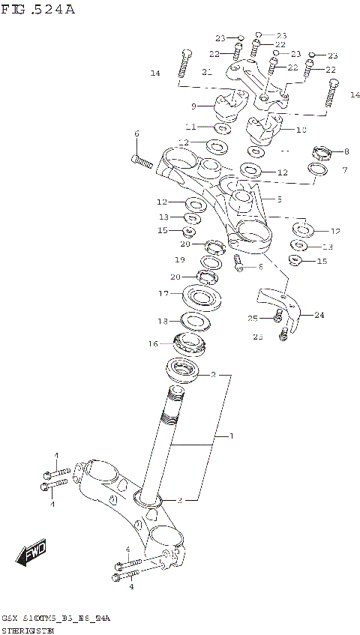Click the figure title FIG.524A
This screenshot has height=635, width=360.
[x=38, y=10]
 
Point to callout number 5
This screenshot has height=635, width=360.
[x=279, y=199]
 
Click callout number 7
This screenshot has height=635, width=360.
[x=344, y=171]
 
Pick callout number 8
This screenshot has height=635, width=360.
[x=346, y=151]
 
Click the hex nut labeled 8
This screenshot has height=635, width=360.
[x=322, y=154]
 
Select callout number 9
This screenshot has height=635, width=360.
[x=193, y=106]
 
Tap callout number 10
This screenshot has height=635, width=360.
[x=301, y=130]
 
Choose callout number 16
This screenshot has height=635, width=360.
[x=153, y=344]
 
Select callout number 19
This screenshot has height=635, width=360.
[x=180, y=259]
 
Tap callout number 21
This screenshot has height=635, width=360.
[x=207, y=72]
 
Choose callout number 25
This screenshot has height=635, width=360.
[x=252, y=319]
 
